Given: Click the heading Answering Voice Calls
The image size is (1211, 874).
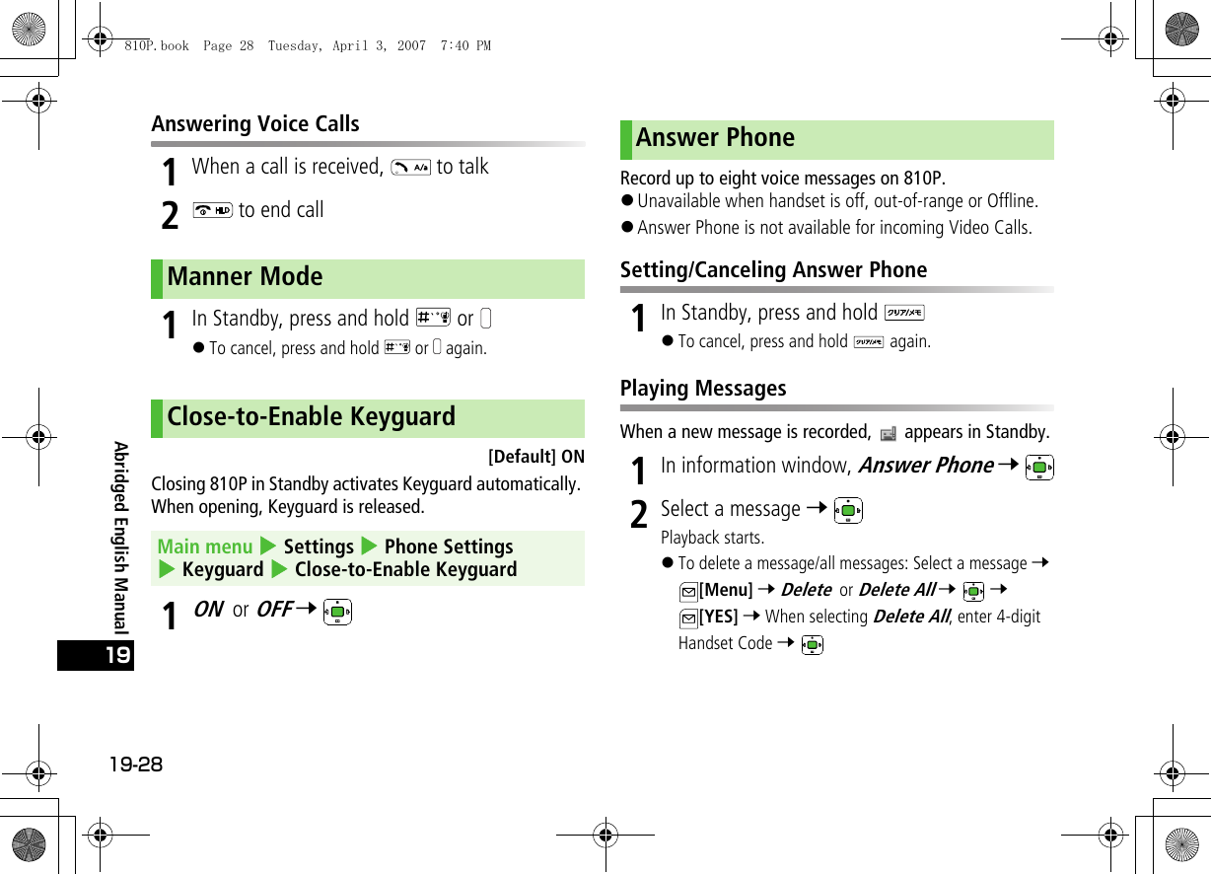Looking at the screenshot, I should tap(255, 124).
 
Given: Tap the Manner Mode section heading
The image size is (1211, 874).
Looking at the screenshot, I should tap(245, 277).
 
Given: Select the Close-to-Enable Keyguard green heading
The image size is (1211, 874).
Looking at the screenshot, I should tap(311, 416).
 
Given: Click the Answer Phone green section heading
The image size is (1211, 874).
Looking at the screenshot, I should tap(715, 138).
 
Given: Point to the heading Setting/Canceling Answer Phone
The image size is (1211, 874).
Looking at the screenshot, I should tap(773, 270).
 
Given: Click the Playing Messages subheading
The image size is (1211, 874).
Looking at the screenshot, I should tap(703, 389).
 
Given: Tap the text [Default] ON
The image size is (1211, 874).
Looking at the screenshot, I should tap(536, 457).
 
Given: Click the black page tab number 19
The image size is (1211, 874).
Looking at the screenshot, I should tap(95, 656).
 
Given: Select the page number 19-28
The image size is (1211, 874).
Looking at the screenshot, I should tap(137, 765).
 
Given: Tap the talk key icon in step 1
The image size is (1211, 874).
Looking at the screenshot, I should tap(409, 168).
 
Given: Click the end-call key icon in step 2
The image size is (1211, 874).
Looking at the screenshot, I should tap(213, 211).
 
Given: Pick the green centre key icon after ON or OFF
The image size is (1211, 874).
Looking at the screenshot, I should tap(337, 613).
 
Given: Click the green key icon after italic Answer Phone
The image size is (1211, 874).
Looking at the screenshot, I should tap(1038, 467).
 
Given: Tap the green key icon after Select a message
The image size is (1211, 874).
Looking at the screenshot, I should tap(847, 511).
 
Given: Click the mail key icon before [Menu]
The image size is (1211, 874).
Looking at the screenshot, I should tap(687, 592).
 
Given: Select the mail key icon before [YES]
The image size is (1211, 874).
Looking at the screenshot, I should tap(687, 619).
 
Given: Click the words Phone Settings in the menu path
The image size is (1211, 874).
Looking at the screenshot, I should tap(449, 546).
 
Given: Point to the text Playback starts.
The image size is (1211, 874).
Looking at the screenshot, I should tap(712, 538).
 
